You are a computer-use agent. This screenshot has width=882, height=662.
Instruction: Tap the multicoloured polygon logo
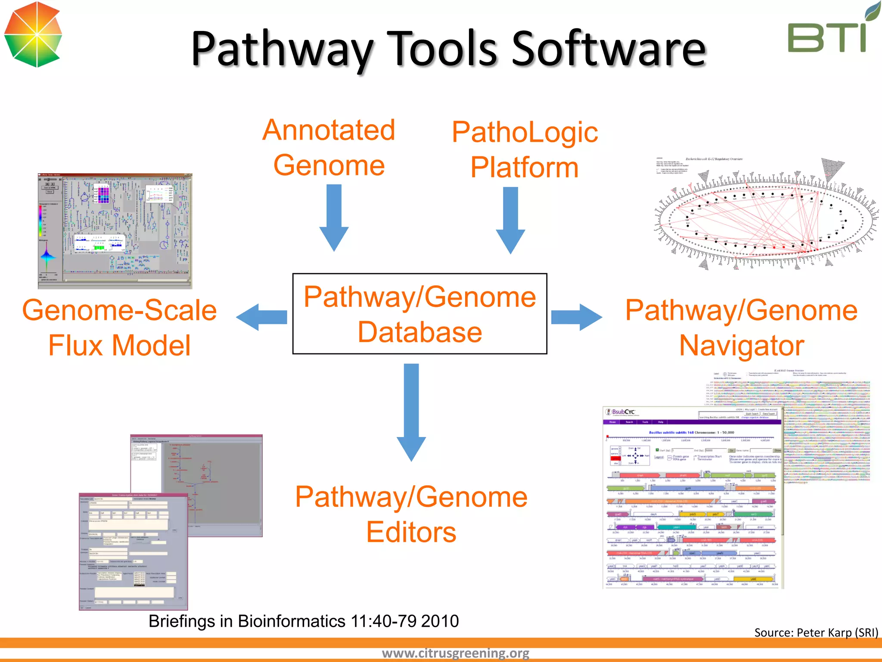coord(33,34)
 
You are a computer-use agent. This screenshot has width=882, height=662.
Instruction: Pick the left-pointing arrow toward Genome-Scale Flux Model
coord(262,317)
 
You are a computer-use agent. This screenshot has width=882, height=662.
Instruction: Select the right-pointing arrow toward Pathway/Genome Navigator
coord(576,317)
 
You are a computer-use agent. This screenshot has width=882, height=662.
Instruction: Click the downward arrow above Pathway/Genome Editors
coord(411,411)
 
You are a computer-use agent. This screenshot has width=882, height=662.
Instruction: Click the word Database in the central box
coord(420,332)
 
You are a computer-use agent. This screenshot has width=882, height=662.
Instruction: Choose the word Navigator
coord(742,346)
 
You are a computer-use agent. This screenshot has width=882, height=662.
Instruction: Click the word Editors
coord(411,532)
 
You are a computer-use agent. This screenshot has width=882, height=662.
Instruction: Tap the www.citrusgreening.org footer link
coord(455,653)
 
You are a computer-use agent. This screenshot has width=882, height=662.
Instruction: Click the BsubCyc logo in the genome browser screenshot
coord(621,412)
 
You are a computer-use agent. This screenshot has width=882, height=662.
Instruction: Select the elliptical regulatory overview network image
coord(767,215)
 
